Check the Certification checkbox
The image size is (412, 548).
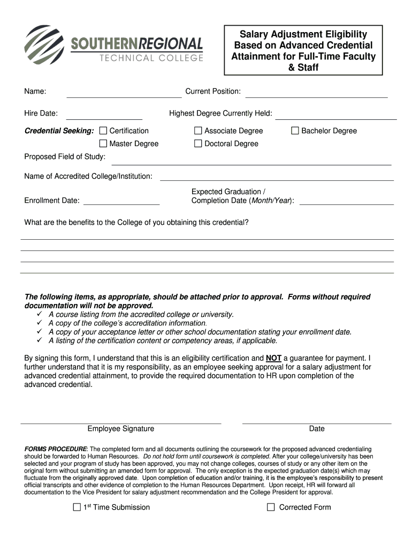[103, 131]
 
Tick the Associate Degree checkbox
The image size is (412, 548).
[198, 131]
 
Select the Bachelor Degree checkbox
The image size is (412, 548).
[295, 131]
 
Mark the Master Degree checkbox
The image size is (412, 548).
[103, 143]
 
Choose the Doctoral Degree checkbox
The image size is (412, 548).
[198, 143]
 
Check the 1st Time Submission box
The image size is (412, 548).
[77, 507]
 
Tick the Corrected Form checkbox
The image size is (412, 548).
[271, 507]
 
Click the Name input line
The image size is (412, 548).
[124, 96]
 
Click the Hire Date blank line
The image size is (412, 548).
[104, 118]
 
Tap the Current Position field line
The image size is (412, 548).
[316, 96]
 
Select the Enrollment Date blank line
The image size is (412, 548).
[121, 204]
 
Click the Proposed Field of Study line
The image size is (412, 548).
[251, 164]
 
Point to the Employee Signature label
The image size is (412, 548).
[121, 429]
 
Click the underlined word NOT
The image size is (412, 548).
[273, 359]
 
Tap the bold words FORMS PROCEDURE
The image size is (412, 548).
[56, 449]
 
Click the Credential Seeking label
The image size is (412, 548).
[59, 131]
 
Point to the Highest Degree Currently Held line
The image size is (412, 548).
[335, 118]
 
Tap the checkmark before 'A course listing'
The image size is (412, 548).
[40, 315]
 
